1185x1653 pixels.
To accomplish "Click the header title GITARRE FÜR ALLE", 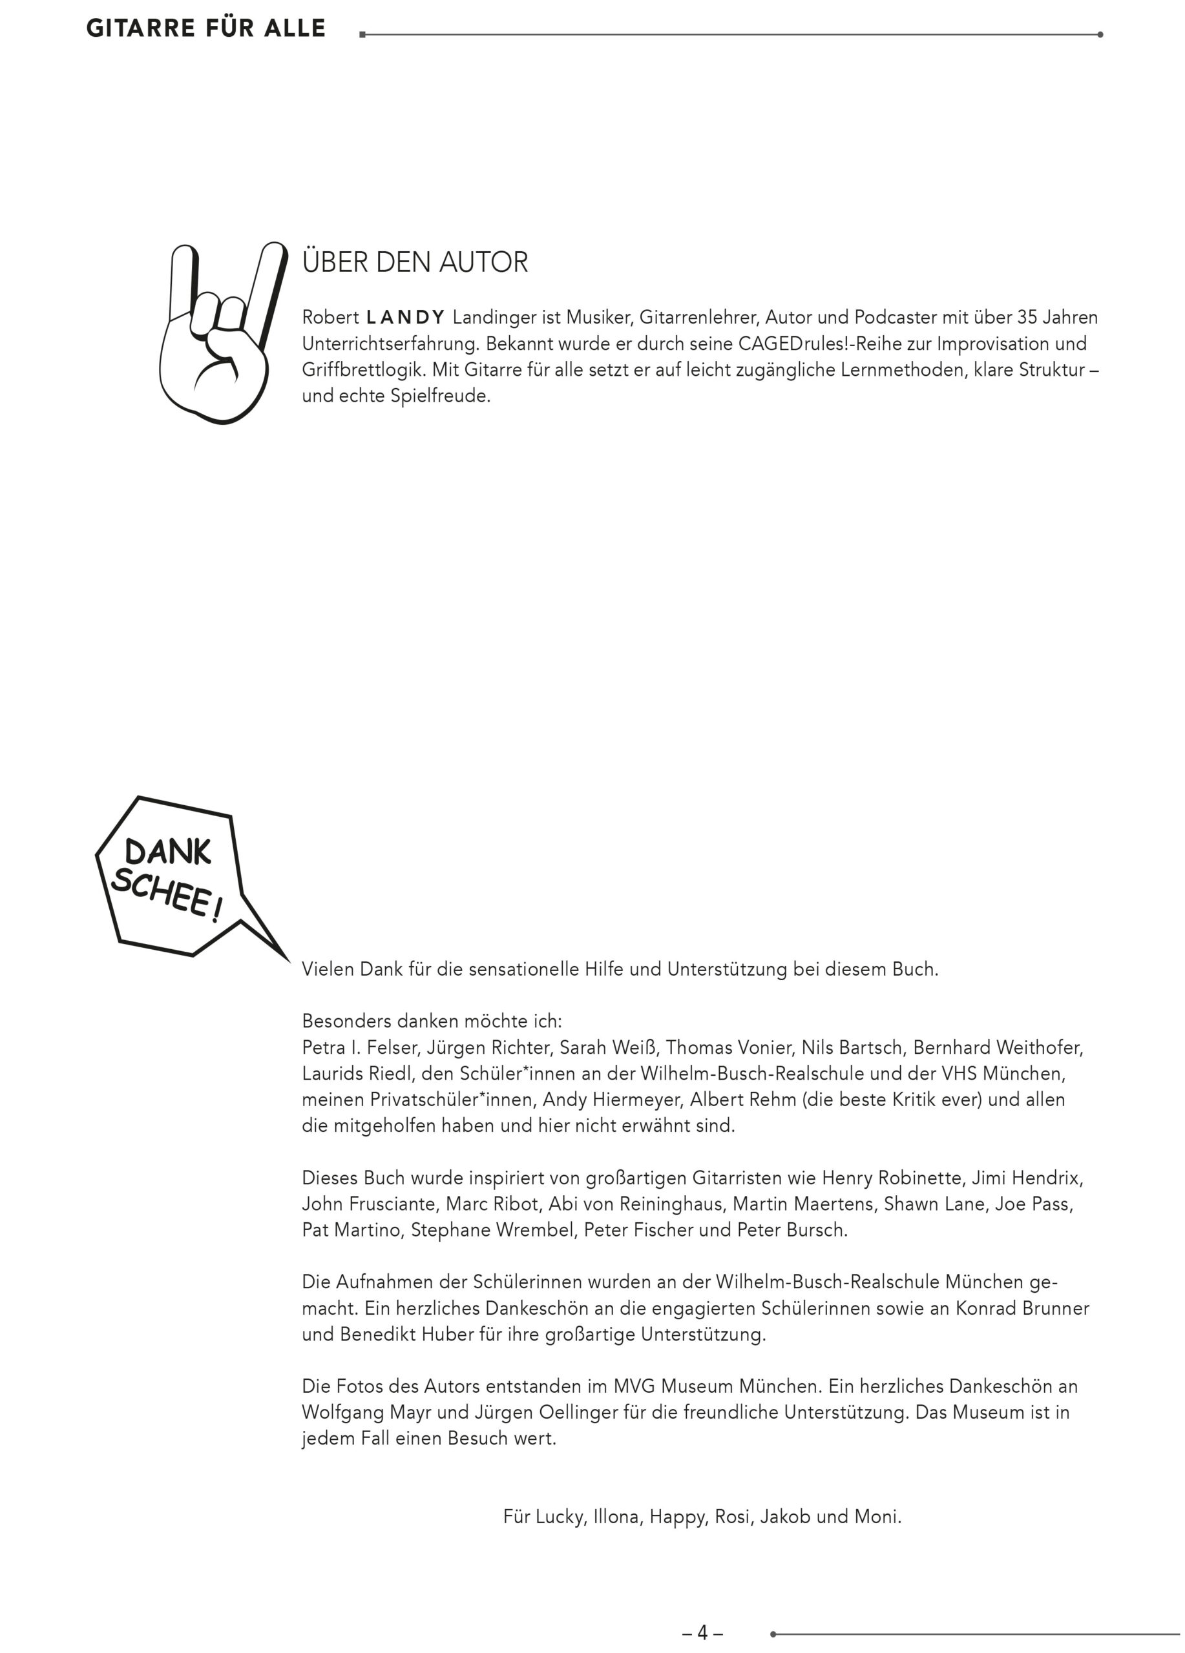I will pos(205,28).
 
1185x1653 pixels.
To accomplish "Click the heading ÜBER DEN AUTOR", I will pos(414,262).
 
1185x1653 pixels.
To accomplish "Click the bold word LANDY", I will pos(406,318).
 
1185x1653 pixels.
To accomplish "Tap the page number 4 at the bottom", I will pos(702,1632).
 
